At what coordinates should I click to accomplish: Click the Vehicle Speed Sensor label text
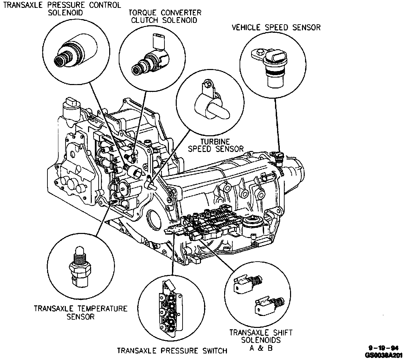tap(276, 27)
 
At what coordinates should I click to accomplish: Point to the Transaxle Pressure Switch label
tap(172, 350)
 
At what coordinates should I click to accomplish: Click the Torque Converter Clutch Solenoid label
tap(165, 16)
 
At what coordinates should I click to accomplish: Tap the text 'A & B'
tap(260, 348)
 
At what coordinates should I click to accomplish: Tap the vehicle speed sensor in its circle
tap(272, 65)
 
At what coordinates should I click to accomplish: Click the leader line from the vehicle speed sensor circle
tap(277, 123)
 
